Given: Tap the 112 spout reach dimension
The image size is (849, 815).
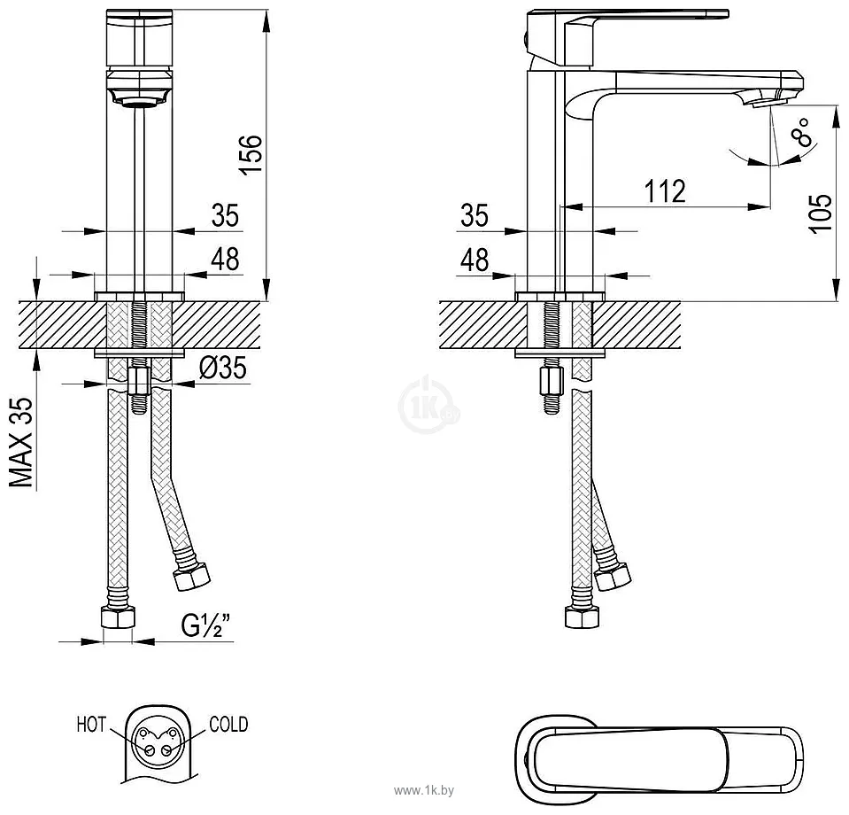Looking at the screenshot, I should (x=664, y=190).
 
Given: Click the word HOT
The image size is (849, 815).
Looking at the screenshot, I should (x=91, y=726).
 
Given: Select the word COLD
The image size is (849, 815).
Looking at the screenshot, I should (x=228, y=725).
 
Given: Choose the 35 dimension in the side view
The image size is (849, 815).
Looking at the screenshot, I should (x=475, y=214).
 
